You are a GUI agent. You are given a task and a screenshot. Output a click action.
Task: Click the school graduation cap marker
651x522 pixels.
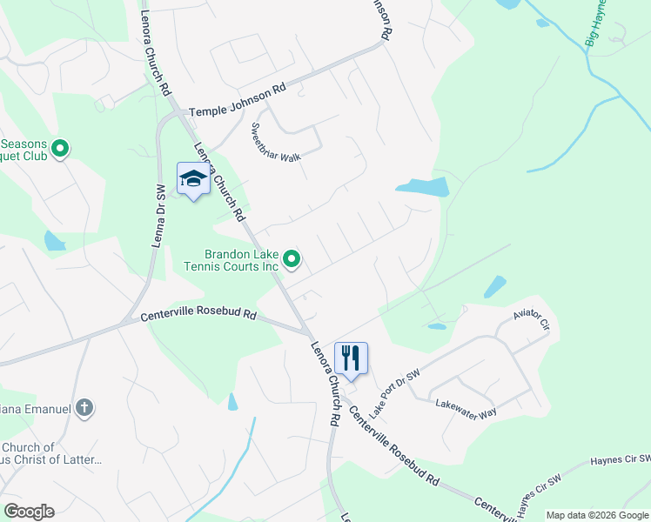[x=192, y=179]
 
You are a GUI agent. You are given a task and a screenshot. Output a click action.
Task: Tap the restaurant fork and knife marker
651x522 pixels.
[x=351, y=358]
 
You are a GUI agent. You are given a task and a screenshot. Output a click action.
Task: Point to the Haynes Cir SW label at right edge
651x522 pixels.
[x=620, y=459]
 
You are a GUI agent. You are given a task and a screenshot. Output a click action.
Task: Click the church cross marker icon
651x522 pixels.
[x=84, y=406]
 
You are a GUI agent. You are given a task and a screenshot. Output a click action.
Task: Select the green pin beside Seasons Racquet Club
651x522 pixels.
[x=60, y=149]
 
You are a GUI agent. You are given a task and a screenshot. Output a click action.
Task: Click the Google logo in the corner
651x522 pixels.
[x=29, y=512]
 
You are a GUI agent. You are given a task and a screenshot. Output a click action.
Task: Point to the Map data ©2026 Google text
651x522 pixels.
[x=597, y=515]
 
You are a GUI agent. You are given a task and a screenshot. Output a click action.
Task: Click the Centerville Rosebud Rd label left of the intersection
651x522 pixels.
[x=199, y=316]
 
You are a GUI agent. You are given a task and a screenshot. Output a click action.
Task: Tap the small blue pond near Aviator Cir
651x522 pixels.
[x=494, y=285]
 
